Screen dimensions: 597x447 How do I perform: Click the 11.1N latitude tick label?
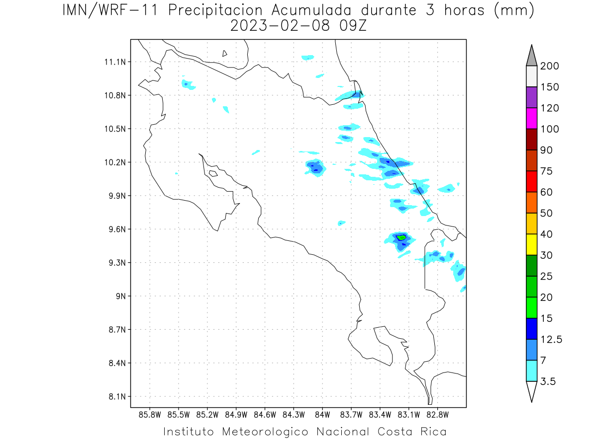click(115, 62)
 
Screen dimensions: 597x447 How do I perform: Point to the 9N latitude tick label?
click(121, 296)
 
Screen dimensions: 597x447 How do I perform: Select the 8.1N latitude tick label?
click(117, 396)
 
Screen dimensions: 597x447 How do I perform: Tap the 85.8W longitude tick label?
click(150, 415)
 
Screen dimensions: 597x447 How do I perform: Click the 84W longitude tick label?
click(322, 415)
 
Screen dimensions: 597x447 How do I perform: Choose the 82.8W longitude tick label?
click(438, 415)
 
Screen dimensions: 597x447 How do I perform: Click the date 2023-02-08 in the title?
click(280, 26)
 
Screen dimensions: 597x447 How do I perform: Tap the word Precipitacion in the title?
click(215, 10)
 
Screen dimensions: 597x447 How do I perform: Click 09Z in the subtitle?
click(353, 26)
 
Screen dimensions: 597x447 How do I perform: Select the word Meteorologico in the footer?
click(265, 432)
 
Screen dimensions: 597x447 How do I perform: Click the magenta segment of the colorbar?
click(531, 118)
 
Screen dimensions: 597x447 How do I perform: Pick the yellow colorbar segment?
click(531, 244)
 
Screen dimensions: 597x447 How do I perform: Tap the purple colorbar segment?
click(531, 97)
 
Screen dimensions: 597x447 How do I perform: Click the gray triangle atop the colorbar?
click(531, 58)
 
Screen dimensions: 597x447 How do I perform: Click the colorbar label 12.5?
click(551, 340)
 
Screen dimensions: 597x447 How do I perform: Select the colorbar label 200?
click(549, 66)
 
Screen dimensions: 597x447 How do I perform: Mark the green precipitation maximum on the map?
click(401, 238)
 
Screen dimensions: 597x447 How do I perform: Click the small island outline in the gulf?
click(213, 173)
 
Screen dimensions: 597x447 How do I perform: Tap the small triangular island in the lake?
click(224, 54)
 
